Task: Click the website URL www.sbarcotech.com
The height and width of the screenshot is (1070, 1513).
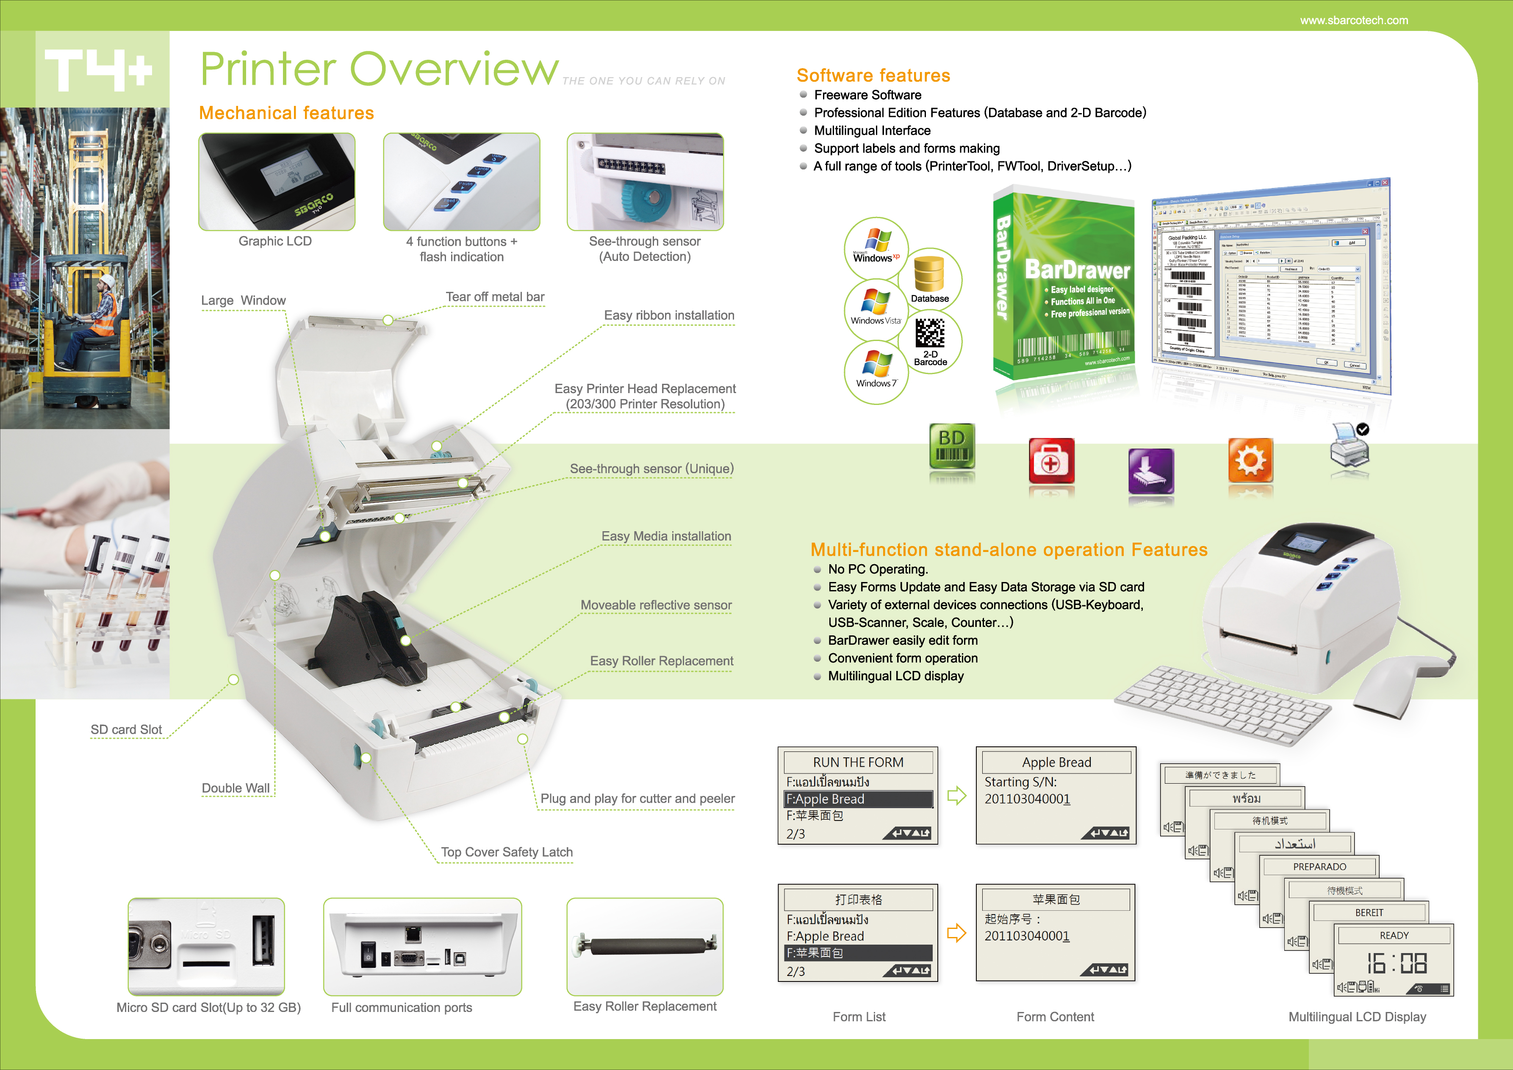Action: click(x=1354, y=20)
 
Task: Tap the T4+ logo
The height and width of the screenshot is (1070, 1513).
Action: click(x=99, y=70)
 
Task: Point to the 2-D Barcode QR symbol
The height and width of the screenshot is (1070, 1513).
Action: click(x=930, y=333)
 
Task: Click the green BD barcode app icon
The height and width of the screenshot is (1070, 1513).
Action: click(x=952, y=446)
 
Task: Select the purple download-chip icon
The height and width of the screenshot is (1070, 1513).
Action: click(x=1150, y=471)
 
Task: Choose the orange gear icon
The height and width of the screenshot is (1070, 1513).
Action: click(x=1250, y=460)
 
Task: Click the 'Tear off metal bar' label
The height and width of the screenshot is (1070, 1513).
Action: click(x=495, y=297)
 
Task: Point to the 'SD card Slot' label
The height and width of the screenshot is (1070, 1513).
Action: click(x=126, y=729)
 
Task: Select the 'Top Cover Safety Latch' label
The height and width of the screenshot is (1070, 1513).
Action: click(x=507, y=852)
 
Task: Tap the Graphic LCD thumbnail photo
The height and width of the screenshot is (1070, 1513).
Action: click(x=277, y=182)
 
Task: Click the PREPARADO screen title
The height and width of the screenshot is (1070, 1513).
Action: click(x=1319, y=866)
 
